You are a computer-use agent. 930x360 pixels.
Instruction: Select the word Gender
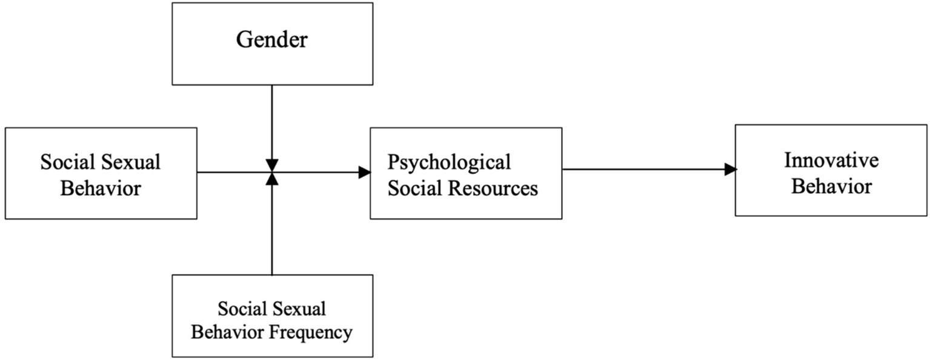[272, 41]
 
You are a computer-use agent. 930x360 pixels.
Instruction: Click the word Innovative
[831, 161]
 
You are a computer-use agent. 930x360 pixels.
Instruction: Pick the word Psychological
[449, 163]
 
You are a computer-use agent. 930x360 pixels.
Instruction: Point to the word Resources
[493, 188]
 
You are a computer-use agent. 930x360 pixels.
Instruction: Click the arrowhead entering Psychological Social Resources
[364, 173]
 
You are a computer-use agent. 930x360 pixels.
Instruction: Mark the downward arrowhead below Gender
[272, 165]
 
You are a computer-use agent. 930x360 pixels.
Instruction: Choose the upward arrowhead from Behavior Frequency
[272, 179]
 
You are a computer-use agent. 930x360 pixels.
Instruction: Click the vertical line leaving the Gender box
[272, 121]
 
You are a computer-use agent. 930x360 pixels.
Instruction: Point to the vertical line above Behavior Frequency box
[272, 230]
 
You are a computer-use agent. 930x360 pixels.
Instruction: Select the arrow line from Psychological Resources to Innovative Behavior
[642, 170]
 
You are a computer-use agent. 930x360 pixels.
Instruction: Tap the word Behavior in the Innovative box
[831, 185]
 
